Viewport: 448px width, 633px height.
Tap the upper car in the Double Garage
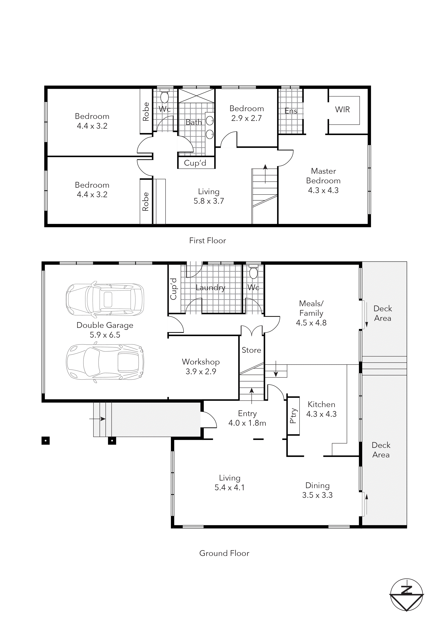point(105,299)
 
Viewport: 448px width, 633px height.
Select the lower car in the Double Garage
point(105,362)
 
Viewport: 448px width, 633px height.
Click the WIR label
point(342,110)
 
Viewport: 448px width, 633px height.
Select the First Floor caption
point(208,241)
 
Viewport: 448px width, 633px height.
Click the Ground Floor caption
point(224,553)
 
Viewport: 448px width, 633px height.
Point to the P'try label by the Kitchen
point(293,416)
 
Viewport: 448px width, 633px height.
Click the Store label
point(251,350)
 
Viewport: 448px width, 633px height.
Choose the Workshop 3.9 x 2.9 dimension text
point(201,372)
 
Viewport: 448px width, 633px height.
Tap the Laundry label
point(210,288)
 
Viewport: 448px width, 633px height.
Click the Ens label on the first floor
point(291,111)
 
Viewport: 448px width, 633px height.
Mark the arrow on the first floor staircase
point(265,174)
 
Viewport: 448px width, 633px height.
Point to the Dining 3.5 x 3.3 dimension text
point(317,495)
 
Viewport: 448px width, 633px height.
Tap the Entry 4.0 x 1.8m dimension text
point(247,423)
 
